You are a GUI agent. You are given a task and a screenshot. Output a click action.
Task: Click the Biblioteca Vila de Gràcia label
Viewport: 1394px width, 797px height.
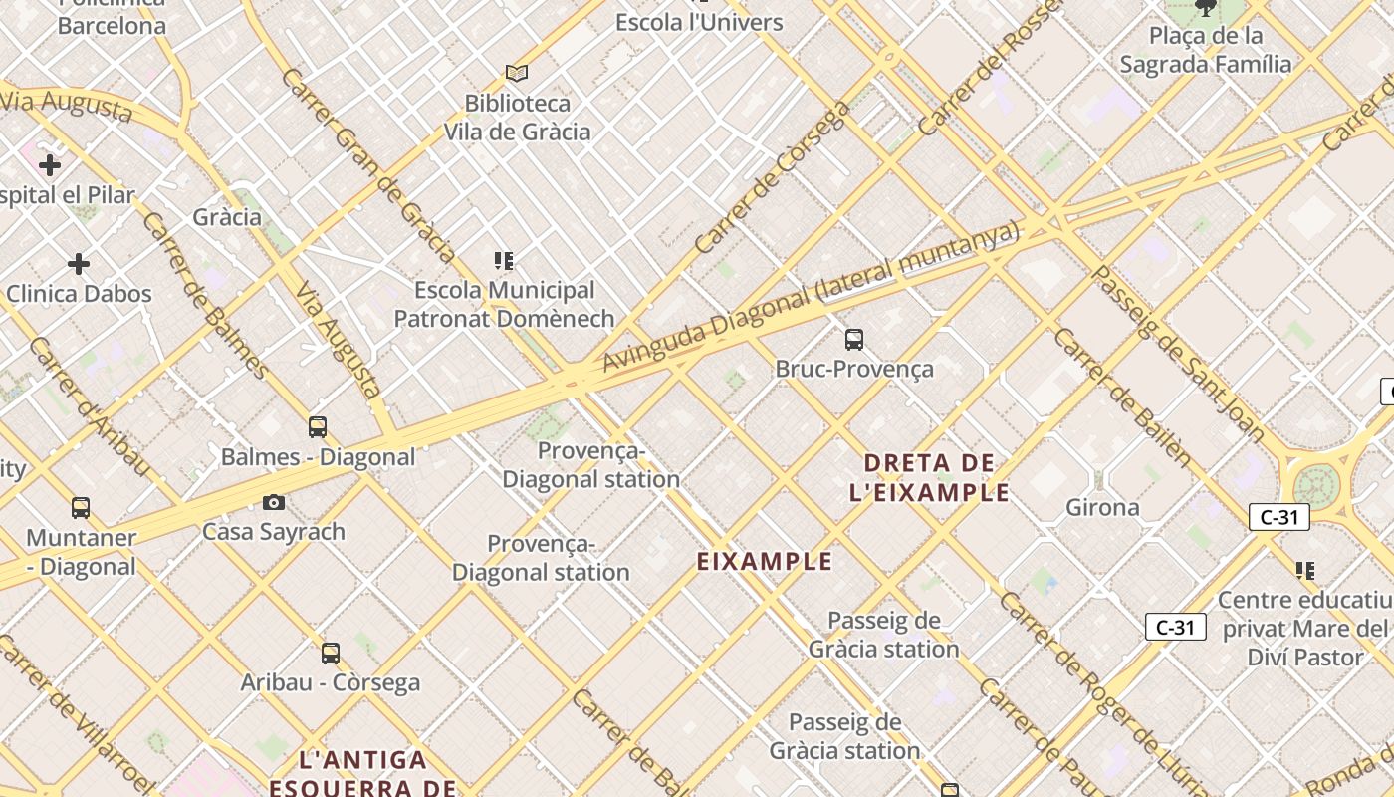pyautogui.click(x=517, y=118)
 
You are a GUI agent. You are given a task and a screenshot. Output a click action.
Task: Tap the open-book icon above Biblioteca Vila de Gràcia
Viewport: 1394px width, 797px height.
pyautogui.click(x=517, y=73)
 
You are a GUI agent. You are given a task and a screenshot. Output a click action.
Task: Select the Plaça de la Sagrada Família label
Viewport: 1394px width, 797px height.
pyautogui.click(x=1206, y=50)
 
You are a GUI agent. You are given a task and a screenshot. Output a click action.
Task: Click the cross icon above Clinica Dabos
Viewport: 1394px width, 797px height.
pyautogui.click(x=79, y=264)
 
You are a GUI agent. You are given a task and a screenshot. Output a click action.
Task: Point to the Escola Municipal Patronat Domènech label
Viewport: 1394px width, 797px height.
pyautogui.click(x=504, y=304)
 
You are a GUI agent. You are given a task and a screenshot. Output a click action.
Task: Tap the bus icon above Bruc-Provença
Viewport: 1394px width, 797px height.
pyautogui.click(x=854, y=340)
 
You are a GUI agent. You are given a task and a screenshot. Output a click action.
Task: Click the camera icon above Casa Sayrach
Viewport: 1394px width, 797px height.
pyautogui.click(x=274, y=503)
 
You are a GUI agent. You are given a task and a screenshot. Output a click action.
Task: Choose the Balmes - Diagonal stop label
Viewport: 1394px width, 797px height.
pyautogui.click(x=318, y=457)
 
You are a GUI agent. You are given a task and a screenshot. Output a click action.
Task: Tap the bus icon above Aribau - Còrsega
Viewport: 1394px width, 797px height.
pyautogui.click(x=331, y=654)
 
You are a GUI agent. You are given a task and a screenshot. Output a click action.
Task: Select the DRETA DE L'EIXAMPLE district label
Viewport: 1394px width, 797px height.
pyautogui.click(x=930, y=477)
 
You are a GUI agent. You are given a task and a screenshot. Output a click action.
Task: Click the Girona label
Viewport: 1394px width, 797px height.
pyautogui.click(x=1102, y=507)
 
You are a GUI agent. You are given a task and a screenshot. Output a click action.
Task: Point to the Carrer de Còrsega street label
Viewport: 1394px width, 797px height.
pyautogui.click(x=771, y=177)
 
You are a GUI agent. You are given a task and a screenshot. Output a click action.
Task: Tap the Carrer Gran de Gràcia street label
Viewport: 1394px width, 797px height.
pyautogui.click(x=368, y=165)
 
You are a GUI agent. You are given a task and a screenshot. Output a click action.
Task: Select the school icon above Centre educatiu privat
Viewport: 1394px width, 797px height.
pyautogui.click(x=1305, y=571)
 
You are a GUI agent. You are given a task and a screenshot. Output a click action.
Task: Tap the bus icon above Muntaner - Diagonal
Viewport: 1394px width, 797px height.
pyautogui.click(x=81, y=508)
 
